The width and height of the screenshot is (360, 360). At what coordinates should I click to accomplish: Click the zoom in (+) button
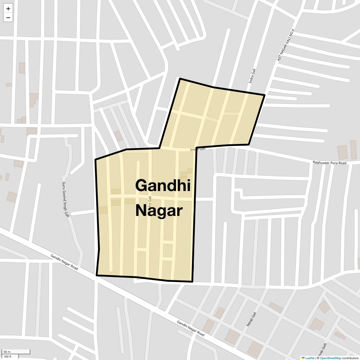tap(8, 9)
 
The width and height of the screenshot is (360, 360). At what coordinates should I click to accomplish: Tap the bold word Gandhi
tap(163, 185)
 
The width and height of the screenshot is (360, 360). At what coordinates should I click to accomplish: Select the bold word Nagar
tap(159, 211)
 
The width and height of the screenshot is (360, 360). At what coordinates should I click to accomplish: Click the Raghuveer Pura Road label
tap(329, 163)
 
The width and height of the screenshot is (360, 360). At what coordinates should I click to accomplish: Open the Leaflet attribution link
tap(310, 358)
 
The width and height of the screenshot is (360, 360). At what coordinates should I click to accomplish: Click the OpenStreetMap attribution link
tap(330, 358)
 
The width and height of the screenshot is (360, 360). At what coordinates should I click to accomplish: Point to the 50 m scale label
tap(7, 352)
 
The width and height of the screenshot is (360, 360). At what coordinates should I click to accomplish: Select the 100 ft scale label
tap(7, 356)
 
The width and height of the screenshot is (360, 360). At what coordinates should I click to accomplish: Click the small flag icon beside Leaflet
tap(303, 358)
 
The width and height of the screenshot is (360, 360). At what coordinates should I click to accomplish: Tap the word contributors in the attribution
tap(350, 358)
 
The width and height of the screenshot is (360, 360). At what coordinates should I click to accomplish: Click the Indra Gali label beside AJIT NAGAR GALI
tap(252, 76)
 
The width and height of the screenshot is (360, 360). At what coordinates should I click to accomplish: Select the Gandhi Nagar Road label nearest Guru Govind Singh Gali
tap(64, 262)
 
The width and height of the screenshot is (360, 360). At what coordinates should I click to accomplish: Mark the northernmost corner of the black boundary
tap(180, 79)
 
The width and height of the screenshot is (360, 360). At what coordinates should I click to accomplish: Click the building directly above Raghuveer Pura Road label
tap(342, 152)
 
